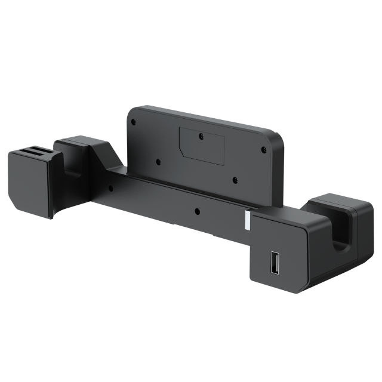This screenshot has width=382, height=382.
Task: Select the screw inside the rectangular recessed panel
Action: tap(201, 137)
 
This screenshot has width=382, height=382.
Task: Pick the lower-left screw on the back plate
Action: tap(158, 161)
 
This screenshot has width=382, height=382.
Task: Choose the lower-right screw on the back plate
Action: tap(235, 180)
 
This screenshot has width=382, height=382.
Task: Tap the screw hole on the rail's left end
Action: tap(110, 188)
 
